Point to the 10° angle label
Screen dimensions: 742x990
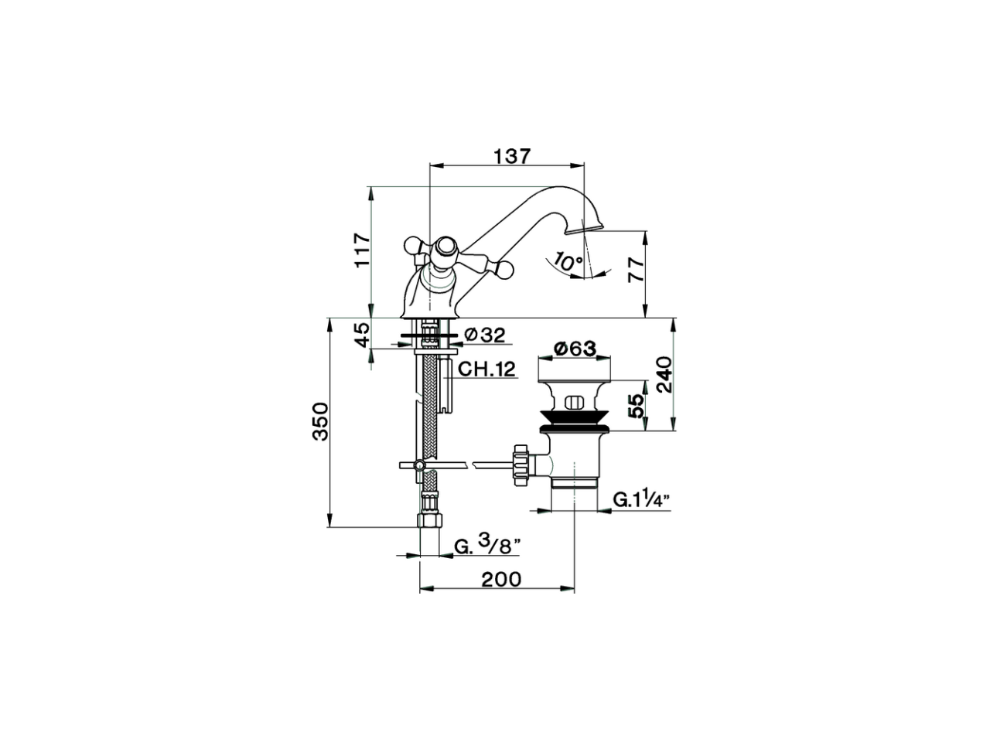click(x=569, y=262)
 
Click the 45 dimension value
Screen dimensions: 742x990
click(x=361, y=335)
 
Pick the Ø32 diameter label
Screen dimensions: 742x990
click(x=483, y=335)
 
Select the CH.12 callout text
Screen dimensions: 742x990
click(x=486, y=369)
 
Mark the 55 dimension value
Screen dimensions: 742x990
click(x=635, y=405)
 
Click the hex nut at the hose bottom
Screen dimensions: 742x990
click(x=428, y=518)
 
